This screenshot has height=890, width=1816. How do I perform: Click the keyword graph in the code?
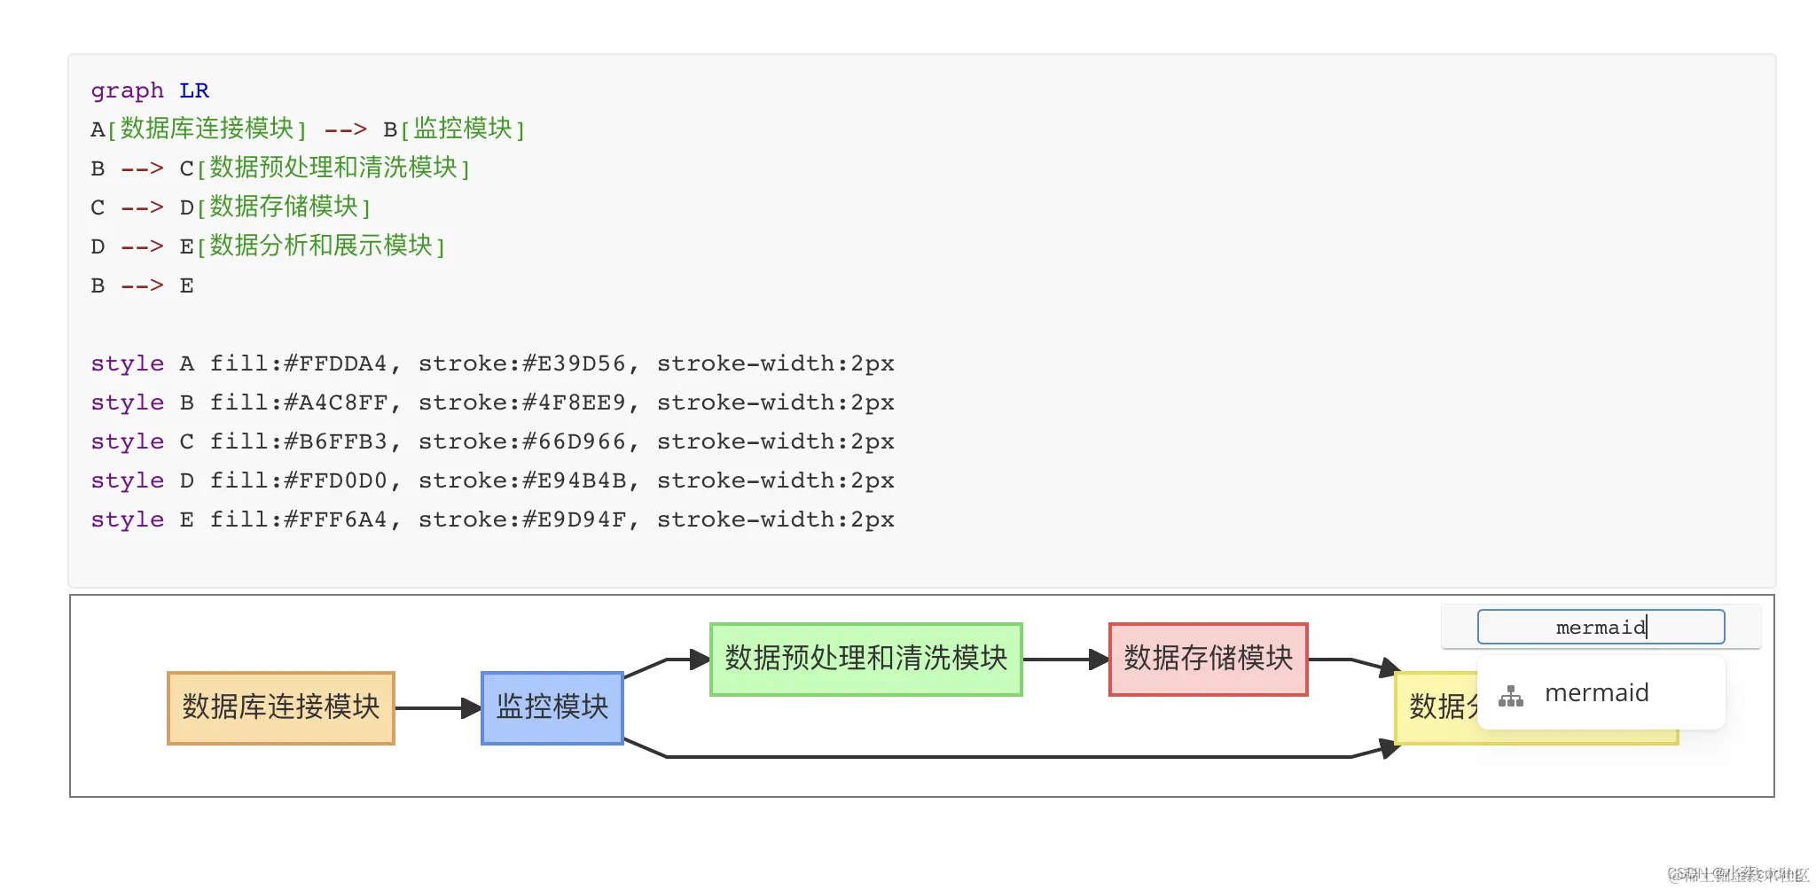pos(127,90)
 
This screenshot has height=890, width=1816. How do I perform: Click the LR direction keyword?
pos(193,90)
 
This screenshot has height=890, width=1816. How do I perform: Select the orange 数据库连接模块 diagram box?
pos(280,707)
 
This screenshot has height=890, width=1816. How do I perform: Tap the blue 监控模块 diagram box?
pos(552,707)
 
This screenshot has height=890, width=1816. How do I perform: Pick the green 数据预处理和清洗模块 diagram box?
pos(865,659)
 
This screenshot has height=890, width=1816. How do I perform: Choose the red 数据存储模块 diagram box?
pos(1208,659)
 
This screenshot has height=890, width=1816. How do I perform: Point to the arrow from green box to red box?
pos(1064,660)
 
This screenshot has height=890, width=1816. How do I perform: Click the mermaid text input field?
pos(1600,627)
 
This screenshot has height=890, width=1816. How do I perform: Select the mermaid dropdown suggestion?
pos(1596,693)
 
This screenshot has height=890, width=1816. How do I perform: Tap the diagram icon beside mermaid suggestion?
pos(1511,696)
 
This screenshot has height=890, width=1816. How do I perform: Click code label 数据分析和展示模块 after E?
pos(320,246)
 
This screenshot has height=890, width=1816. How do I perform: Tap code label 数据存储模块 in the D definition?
pos(283,207)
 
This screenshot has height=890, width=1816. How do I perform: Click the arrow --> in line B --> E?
pos(142,285)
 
